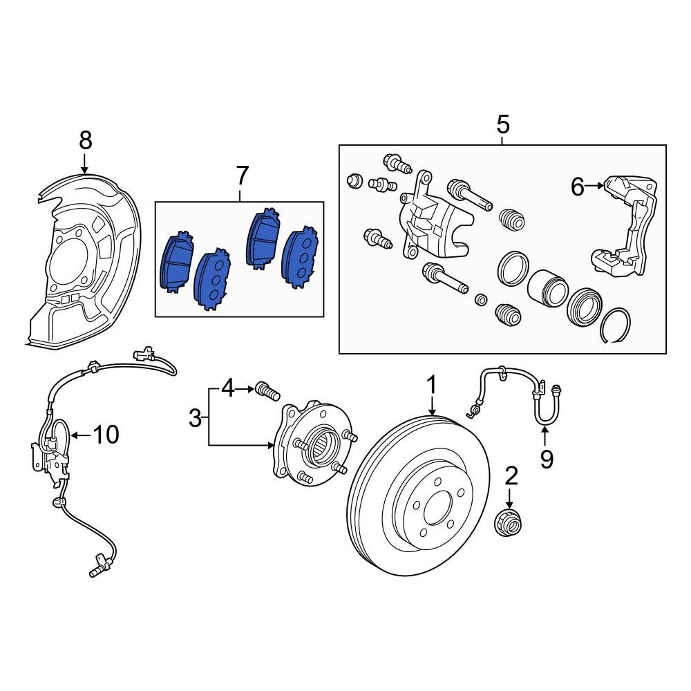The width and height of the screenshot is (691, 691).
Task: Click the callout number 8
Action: [x=85, y=140]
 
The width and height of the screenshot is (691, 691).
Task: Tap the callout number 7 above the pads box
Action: [x=241, y=176]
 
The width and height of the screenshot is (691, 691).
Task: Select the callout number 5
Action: [x=502, y=125]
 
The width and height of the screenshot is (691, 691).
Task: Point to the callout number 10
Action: [x=106, y=435]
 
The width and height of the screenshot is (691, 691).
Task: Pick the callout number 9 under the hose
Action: [x=546, y=460]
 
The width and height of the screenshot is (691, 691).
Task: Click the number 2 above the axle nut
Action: [x=511, y=475]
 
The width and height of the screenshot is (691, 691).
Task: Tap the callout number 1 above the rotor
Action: [x=432, y=385]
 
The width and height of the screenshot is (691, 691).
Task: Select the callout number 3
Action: [x=196, y=417]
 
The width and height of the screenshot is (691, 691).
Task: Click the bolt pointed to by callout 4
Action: [x=267, y=391]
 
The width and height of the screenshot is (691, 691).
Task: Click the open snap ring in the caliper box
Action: [x=615, y=327]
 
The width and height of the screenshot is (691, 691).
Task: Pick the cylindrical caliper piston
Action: [x=547, y=287]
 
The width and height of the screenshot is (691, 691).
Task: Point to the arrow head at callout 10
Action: [x=73, y=435]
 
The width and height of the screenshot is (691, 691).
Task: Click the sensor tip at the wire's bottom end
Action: [x=95, y=571]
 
